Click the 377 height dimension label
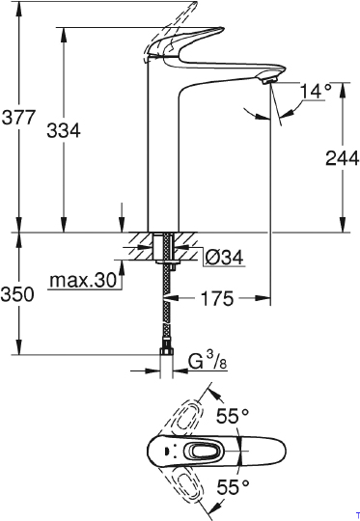19,121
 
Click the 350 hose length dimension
19,294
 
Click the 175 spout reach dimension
216,299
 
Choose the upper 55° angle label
233,417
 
